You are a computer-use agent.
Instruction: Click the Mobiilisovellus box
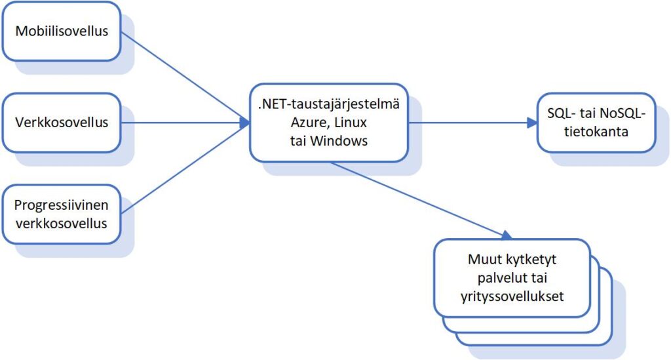tap(62, 31)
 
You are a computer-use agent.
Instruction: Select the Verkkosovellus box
tap(62, 123)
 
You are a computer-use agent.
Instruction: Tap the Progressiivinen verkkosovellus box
tap(62, 214)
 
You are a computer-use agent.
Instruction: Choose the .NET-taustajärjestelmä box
tap(329, 123)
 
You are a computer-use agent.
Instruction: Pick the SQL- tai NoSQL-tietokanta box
tap(596, 123)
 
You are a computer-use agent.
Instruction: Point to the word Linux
tap(351, 123)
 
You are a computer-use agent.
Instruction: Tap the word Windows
tap(339, 141)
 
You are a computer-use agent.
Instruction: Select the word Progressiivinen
tap(61, 205)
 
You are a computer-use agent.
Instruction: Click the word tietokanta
tap(596, 131)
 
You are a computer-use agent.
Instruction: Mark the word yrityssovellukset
tap(512, 296)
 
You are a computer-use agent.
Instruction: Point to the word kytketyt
tap(531, 260)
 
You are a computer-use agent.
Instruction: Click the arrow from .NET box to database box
tap(472, 123)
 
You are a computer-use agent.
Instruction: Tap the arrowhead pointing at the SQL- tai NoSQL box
tap(532, 123)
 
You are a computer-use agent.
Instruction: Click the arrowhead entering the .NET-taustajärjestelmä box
tap(244, 123)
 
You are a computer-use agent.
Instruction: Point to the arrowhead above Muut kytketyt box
tap(507, 235)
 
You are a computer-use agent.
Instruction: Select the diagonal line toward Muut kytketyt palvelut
tap(421, 201)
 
